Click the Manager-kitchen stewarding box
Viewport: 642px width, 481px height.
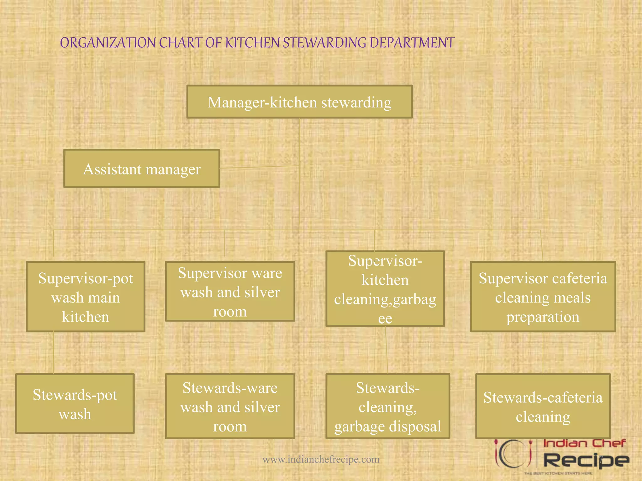[299, 102]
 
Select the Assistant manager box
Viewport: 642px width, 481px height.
[142, 169]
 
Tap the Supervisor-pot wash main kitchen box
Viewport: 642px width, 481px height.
[86, 297]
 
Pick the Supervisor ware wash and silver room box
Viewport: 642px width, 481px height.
[230, 292]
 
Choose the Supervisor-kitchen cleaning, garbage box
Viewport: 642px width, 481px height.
[385, 289]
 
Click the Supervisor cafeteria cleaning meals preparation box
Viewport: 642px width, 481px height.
[543, 297]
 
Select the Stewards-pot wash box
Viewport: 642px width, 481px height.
[75, 404]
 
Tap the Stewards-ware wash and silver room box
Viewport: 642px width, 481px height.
[230, 406]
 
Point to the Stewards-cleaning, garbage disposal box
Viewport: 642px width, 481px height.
[388, 406]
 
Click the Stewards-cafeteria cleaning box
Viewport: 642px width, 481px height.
[543, 406]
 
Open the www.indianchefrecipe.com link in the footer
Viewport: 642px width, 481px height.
[321, 459]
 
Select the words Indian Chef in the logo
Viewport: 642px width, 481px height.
[584, 443]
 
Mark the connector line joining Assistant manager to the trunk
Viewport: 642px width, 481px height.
[260, 167]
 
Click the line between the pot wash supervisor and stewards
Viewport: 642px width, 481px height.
[53, 353]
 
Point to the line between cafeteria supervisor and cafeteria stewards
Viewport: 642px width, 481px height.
[543, 353]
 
